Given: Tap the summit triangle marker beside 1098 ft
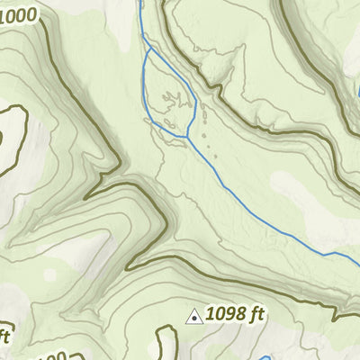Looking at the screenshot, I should point(193,316).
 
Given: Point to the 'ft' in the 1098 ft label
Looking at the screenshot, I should point(258,314).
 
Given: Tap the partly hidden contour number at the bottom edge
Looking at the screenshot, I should point(54,356).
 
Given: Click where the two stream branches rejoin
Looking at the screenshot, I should point(187,137).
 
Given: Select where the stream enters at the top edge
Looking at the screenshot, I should point(141,3).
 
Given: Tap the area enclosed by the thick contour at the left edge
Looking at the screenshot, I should point(7,135).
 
